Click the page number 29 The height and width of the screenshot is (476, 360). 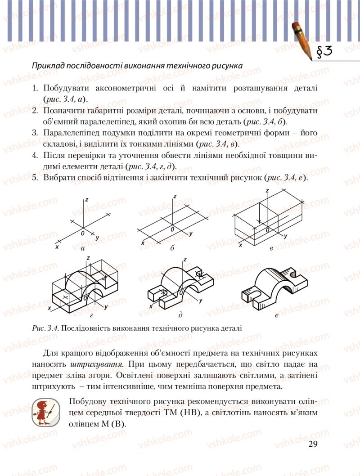tap(313, 445)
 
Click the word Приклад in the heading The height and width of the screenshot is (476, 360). tap(45, 65)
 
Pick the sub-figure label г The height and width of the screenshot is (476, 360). tap(91, 316)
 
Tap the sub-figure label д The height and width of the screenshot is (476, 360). tap(180, 316)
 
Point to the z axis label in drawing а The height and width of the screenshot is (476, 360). tap(87, 199)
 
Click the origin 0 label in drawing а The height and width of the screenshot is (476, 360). tap(83, 234)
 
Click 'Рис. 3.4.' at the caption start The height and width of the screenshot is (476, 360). tap(45, 328)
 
